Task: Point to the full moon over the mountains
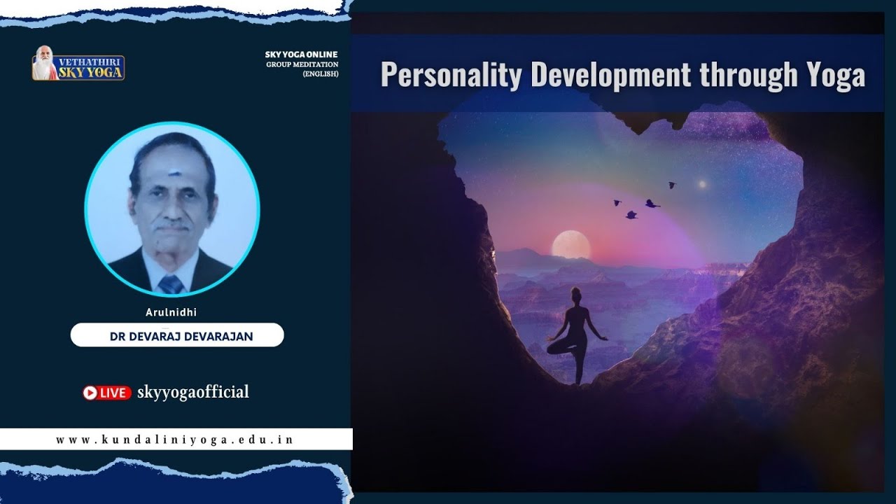coord(570,245)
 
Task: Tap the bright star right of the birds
coord(701,184)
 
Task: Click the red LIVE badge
coord(107,393)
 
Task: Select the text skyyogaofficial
coord(193,392)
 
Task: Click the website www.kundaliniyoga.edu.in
coord(174,440)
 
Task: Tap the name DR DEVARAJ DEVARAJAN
coord(181,337)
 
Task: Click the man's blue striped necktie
coord(171,283)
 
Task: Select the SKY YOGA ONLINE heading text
coord(301,55)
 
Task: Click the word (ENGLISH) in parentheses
coord(321,74)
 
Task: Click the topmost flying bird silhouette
coord(671,185)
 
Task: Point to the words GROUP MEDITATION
coord(302,64)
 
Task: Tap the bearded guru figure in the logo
coord(45,63)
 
